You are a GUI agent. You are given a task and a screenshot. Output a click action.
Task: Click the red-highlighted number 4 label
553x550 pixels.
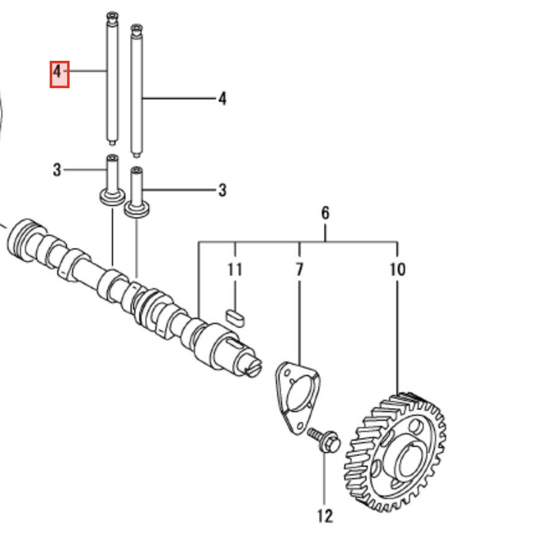[59, 73]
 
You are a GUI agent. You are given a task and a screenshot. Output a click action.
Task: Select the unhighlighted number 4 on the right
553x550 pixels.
[222, 99]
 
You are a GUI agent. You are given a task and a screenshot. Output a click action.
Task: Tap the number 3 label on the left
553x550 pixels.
[57, 169]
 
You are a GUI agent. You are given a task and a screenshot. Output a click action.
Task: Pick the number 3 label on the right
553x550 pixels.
[222, 190]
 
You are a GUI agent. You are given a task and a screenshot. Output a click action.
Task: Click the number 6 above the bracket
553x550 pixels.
[325, 214]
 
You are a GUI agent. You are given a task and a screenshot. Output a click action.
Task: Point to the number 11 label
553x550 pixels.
[235, 270]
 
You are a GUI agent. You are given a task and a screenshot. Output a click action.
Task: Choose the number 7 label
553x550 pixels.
[299, 270]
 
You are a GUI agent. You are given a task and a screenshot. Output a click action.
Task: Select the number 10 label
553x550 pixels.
[397, 270]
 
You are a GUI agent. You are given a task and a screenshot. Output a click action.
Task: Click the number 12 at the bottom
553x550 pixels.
[324, 515]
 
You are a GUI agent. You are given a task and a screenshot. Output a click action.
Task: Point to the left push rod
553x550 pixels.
[111, 81]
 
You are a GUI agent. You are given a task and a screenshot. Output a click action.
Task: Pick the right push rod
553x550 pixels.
[137, 93]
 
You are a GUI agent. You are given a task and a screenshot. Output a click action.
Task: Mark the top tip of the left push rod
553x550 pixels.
[112, 15]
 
